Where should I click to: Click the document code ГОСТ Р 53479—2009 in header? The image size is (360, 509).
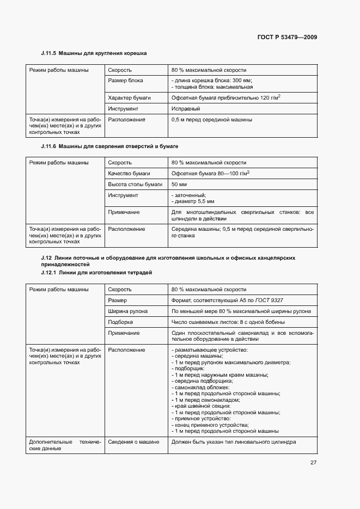tap(287, 37)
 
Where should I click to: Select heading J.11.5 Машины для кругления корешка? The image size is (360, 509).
tap(94, 53)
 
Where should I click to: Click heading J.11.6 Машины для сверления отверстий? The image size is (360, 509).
tap(109, 146)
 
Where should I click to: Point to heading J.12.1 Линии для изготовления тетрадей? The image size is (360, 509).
tap(96, 272)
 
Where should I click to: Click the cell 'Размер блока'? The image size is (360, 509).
tap(125, 81)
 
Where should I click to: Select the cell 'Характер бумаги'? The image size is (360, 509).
tap(129, 97)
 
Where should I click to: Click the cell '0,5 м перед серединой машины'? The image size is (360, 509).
tap(211, 119)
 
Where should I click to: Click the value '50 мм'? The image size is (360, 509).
tap(178, 185)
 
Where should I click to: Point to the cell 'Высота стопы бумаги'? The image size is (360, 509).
tap(135, 185)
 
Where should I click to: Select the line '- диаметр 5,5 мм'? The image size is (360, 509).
tap(193, 201)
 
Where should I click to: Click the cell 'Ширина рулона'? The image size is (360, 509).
tap(127, 311)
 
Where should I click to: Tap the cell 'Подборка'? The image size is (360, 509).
tap(120, 322)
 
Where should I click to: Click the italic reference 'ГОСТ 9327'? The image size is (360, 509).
tap(277, 300)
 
